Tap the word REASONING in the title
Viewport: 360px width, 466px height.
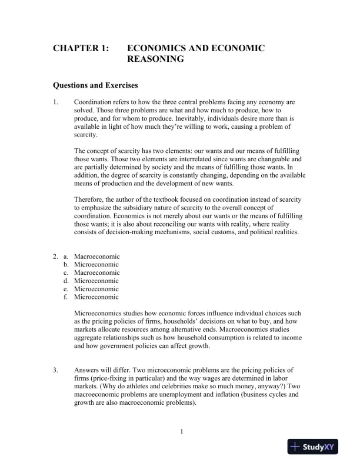tap(156, 59)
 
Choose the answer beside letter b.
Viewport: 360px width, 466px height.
tap(96, 264)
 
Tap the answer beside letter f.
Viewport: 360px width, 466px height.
tap(96, 297)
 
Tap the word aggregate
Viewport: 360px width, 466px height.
tap(89, 338)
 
